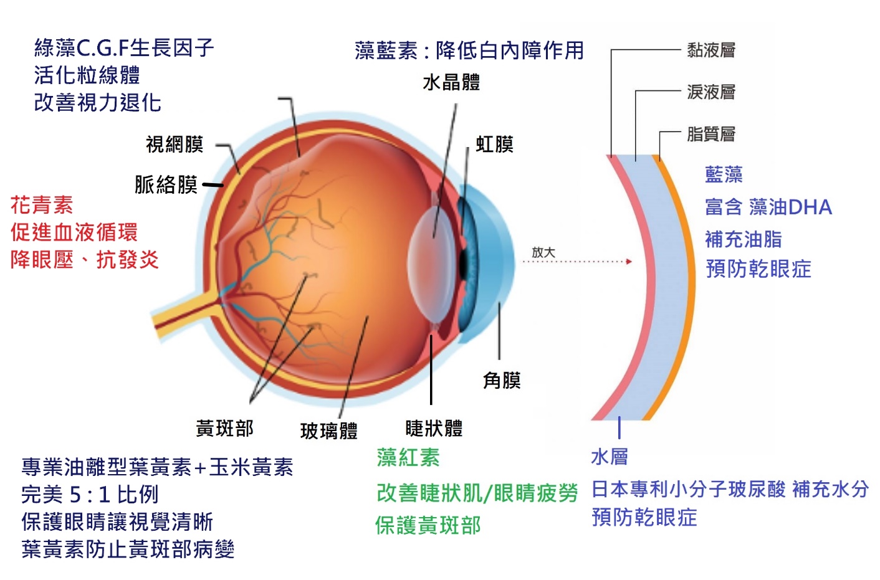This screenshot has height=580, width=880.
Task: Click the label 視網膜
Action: coord(175,145)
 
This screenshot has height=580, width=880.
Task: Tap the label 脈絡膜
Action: coord(166,184)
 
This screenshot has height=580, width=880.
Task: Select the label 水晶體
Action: coord(451,82)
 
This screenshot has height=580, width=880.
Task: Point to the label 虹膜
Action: coord(494,145)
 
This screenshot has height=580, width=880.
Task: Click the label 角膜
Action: coord(502,380)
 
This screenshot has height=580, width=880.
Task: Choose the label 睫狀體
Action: coord(434,428)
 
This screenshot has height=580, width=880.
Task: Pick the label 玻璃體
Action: coord(329,430)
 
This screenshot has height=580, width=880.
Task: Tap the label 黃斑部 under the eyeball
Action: coord(224,428)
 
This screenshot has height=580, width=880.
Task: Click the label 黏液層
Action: coord(711,50)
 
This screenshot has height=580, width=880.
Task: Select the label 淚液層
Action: coord(711,92)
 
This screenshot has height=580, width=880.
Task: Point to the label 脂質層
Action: coord(711,134)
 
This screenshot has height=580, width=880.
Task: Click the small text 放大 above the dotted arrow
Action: coord(543,252)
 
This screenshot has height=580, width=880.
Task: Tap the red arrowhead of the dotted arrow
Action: coord(629,262)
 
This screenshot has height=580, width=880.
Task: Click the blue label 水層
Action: coord(610,457)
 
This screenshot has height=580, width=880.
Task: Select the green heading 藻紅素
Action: coord(408,458)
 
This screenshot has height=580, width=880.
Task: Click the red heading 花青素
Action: coord(42,205)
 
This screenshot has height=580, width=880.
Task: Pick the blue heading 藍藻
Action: coord(724,174)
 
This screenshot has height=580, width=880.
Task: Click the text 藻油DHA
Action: coord(790,207)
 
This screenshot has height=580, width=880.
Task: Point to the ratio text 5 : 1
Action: coord(90,495)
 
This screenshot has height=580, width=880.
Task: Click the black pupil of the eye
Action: coord(463,263)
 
